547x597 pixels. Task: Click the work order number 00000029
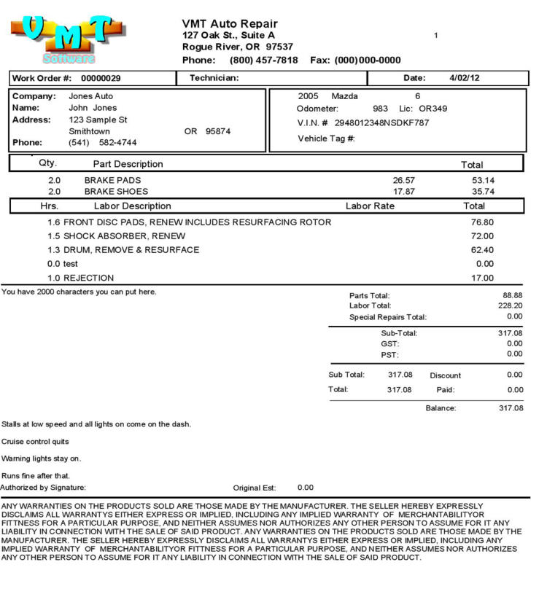pos(101,78)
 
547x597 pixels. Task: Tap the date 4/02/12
pos(465,78)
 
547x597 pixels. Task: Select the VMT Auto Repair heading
pos(230,24)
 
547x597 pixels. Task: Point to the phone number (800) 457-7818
pos(263,60)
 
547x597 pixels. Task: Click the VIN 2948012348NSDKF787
pos(381,122)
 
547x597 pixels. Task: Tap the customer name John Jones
pos(93,108)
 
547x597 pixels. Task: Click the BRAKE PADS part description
pos(112,180)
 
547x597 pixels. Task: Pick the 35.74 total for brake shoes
pos(483,192)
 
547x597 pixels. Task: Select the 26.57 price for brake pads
pos(404,180)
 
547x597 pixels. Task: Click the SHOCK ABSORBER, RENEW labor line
pos(124,236)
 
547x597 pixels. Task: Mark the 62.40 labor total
pos(482,250)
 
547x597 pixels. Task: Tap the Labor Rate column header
pos(370,206)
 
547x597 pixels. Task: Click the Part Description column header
pos(128,164)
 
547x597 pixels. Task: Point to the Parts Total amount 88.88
pos(513,295)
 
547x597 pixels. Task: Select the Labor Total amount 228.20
pos(510,306)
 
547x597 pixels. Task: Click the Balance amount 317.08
pos(511,408)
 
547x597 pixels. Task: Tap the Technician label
pos(214,78)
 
